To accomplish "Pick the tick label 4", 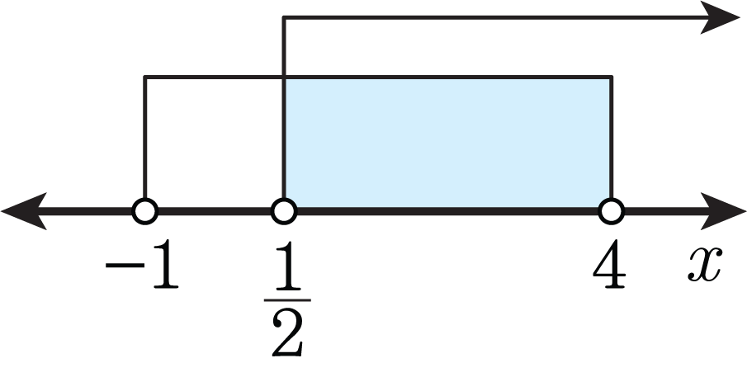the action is [609, 264].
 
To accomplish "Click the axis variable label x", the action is [705, 264].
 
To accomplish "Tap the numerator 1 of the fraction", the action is [287, 266].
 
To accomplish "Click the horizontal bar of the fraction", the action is [287, 300].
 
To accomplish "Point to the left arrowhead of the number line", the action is [24, 211].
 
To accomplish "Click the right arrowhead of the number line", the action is [723, 211].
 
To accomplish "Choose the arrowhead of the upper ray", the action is [720, 17].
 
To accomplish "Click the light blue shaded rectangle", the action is [448, 143].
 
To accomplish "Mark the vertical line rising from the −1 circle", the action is [144, 138].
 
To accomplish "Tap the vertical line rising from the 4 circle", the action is [612, 138].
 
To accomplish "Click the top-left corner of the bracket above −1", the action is [144, 77].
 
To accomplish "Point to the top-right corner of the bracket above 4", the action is [612, 77].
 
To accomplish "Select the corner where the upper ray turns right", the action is [284, 18].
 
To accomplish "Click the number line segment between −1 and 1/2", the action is [215, 211].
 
